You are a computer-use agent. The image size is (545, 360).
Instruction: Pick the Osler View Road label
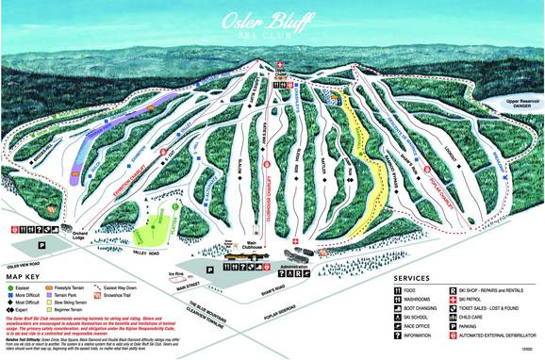(21, 266)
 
